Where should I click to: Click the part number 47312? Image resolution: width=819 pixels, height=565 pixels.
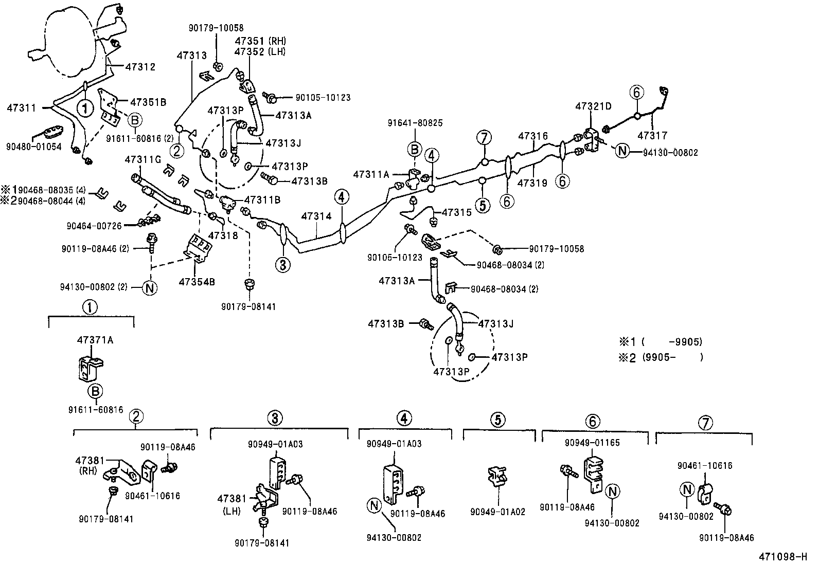[x=140, y=67]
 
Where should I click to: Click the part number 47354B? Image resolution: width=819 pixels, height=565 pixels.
[x=197, y=282]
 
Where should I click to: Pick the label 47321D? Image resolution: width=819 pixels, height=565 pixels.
[x=593, y=106]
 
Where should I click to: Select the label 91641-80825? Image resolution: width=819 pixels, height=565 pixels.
[x=415, y=123]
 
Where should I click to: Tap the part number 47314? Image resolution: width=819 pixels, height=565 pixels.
[x=316, y=216]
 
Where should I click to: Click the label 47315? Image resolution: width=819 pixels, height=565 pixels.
[x=456, y=212]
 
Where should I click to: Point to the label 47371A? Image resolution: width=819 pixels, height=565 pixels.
[x=95, y=340]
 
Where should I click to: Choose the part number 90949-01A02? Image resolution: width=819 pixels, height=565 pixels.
[x=497, y=513]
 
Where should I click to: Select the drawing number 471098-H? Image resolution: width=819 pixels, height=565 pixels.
[x=783, y=556]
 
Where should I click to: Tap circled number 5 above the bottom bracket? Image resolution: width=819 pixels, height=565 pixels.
[x=497, y=420]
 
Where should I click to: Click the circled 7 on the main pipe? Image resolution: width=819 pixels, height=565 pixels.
[x=484, y=138]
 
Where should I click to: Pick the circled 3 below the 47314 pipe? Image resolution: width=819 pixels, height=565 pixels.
[x=282, y=265]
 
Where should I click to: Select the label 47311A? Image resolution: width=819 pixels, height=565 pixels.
[x=371, y=174]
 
